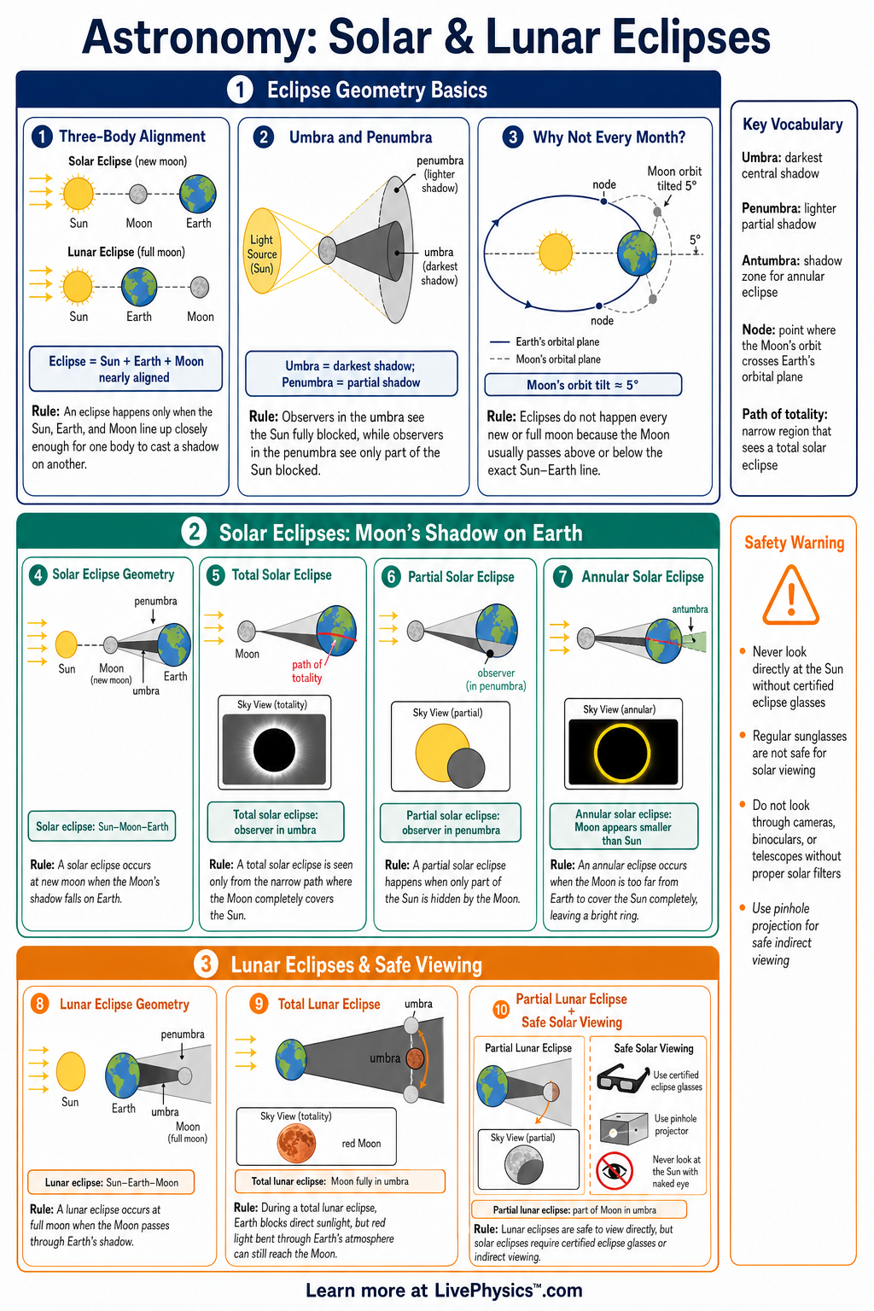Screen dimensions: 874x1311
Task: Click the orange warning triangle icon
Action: click(x=791, y=596)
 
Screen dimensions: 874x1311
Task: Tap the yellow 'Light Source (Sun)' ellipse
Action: click(x=262, y=250)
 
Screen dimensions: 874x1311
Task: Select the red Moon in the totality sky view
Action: click(x=296, y=1143)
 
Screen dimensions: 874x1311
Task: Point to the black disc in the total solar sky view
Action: click(x=274, y=749)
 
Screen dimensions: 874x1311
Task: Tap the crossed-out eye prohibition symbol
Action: click(x=614, y=1170)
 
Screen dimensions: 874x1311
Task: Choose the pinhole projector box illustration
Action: click(x=623, y=1127)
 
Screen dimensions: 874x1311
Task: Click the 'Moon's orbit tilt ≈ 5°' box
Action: click(x=583, y=385)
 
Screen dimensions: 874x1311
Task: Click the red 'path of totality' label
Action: click(x=306, y=672)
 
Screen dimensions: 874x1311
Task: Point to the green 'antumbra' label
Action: click(x=690, y=609)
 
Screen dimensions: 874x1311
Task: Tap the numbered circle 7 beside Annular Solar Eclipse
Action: click(x=562, y=577)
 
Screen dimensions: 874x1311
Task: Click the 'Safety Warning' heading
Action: click(x=794, y=543)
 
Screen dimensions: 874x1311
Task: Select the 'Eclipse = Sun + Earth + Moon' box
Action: click(x=125, y=369)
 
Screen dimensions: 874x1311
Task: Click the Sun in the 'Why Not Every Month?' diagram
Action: click(x=556, y=252)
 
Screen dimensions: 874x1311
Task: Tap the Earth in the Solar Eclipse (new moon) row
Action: click(x=198, y=194)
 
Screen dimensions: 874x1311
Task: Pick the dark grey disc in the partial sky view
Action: click(x=466, y=767)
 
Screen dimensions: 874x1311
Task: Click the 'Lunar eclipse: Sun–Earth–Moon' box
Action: click(x=111, y=1182)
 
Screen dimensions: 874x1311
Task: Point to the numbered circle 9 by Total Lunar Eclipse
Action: click(x=259, y=1004)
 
